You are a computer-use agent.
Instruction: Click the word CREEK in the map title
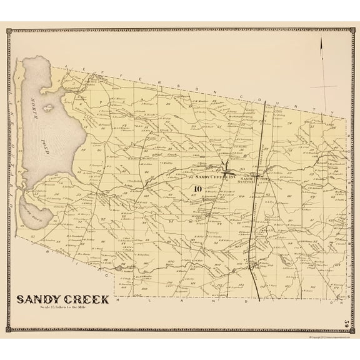(x=86, y=299)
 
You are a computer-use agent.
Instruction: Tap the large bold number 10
(x=197, y=189)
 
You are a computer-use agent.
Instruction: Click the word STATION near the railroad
(x=246, y=182)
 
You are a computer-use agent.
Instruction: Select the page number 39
(x=346, y=323)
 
